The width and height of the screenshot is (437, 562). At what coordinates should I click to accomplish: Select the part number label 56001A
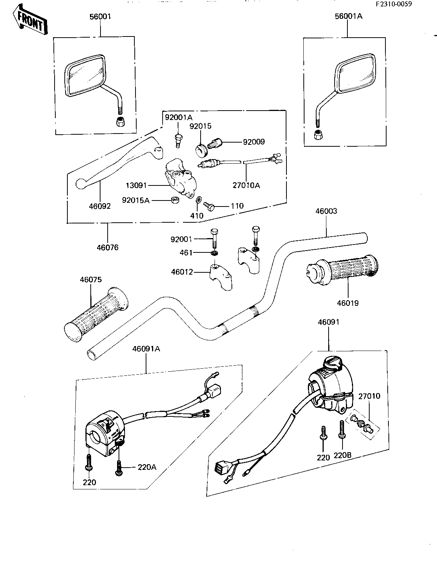[x=348, y=16]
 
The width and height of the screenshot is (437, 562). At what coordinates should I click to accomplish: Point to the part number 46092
[x=100, y=206]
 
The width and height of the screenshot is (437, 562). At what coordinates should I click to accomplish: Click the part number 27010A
[x=247, y=185]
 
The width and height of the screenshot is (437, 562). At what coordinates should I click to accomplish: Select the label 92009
[x=254, y=142]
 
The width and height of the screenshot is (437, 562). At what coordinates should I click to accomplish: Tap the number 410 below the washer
[x=197, y=216]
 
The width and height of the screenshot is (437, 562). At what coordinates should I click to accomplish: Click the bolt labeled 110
[x=209, y=205]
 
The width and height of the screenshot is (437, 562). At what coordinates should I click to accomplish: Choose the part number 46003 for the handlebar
[x=326, y=211]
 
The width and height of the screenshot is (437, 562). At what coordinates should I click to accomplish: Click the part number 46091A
[x=146, y=349]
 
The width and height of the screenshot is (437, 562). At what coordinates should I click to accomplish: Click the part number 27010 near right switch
[x=369, y=396]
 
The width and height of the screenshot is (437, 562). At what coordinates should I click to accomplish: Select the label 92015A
[x=136, y=200]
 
